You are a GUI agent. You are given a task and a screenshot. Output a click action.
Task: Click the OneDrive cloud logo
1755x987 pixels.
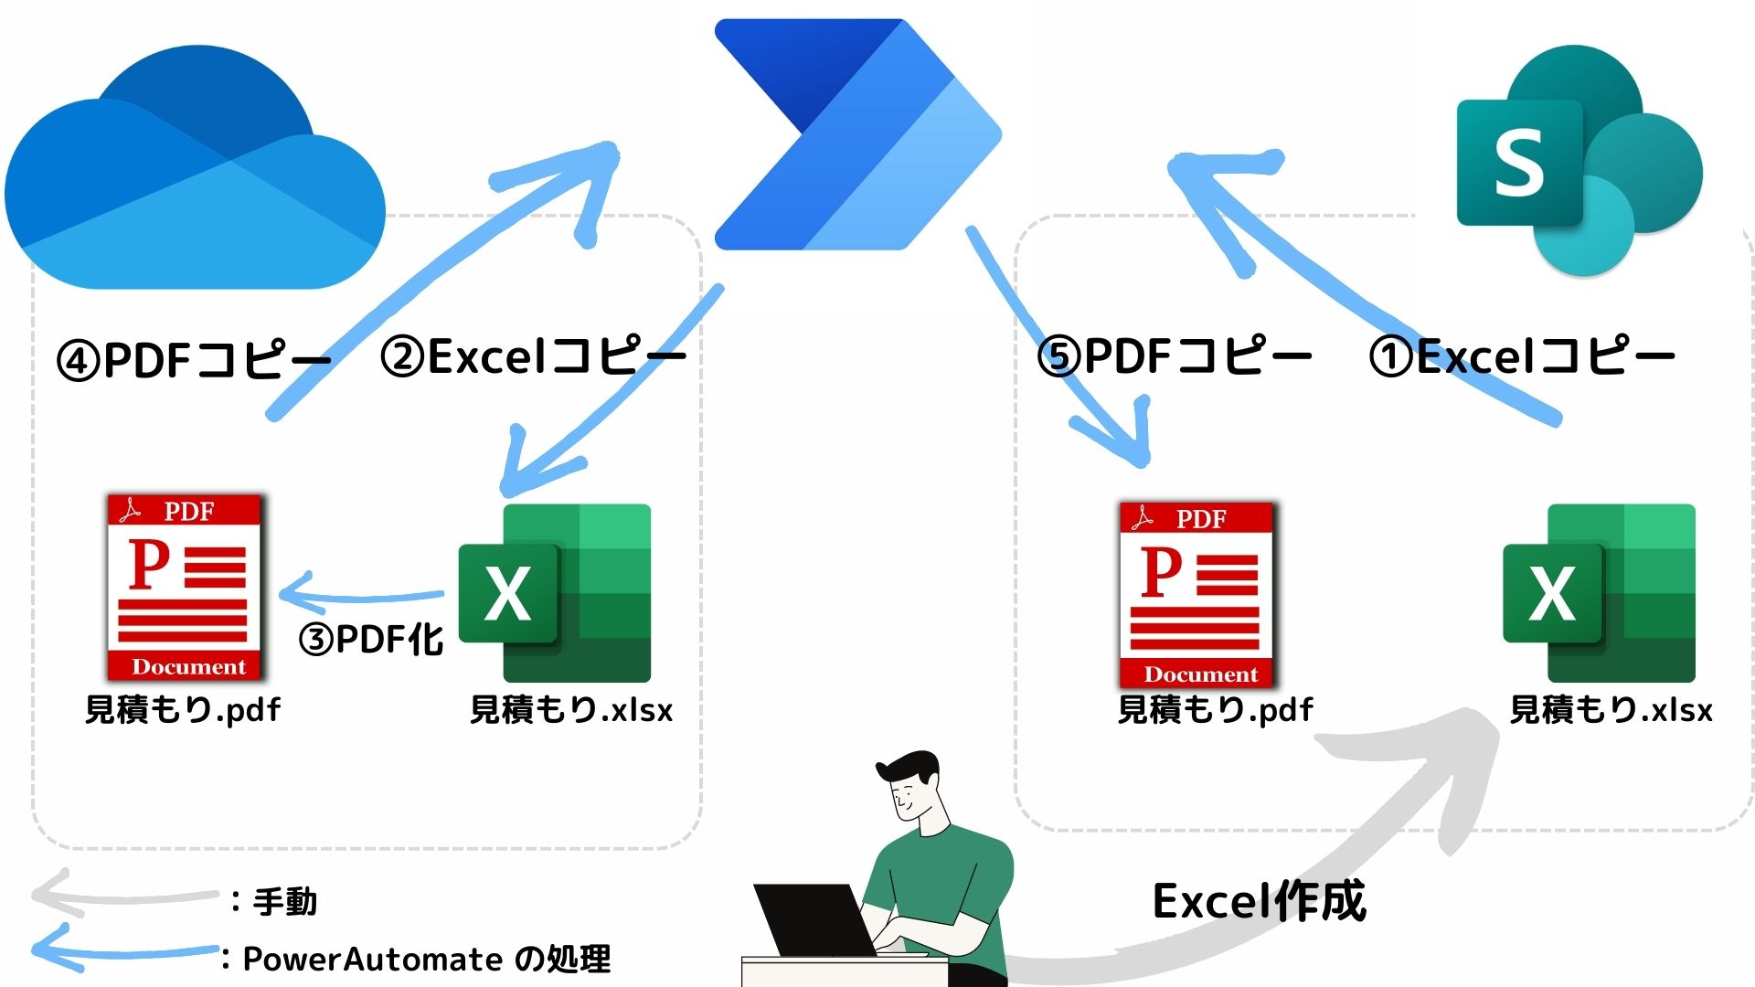click(194, 174)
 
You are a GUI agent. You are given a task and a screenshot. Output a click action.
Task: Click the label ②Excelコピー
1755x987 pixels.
click(533, 356)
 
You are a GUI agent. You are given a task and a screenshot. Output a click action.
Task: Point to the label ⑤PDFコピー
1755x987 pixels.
click(1175, 356)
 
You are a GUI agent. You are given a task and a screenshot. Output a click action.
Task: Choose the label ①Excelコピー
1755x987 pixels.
click(1522, 356)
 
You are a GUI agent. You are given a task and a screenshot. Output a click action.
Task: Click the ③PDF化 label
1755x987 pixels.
click(371, 640)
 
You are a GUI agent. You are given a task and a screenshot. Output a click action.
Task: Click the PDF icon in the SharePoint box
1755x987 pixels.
click(1197, 595)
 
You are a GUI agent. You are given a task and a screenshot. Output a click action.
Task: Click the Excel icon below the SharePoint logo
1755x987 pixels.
click(1600, 593)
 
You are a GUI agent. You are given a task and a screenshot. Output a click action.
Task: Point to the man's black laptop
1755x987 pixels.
click(809, 918)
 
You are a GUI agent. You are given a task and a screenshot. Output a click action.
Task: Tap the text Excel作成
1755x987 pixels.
click(1259, 902)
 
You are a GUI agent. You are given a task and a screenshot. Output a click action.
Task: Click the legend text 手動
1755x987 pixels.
click(284, 902)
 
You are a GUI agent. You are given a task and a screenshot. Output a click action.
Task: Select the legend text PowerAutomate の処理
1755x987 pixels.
click(426, 960)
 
